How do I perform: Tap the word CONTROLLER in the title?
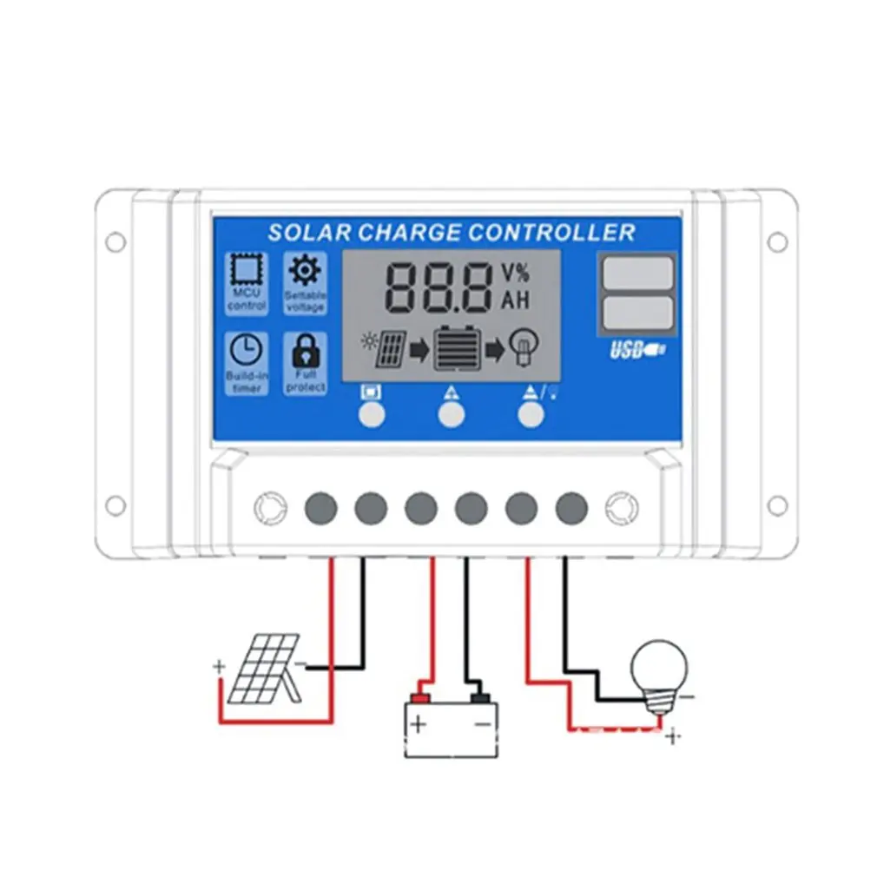551,233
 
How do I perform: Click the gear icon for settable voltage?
304,271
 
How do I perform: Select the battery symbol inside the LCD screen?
456,349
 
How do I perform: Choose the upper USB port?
636,273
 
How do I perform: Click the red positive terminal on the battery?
421,696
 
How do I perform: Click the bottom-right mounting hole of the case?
777,504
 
